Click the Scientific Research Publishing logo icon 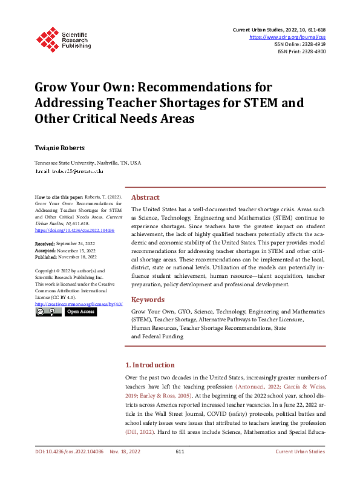point(47,38)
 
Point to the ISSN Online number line point(300,44)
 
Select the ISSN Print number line point(301,52)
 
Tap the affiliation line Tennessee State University point(88,163)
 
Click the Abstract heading point(145,197)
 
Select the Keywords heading point(148,300)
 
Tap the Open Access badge point(80,312)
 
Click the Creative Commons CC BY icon point(48,312)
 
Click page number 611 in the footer point(180,468)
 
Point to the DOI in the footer point(70,468)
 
